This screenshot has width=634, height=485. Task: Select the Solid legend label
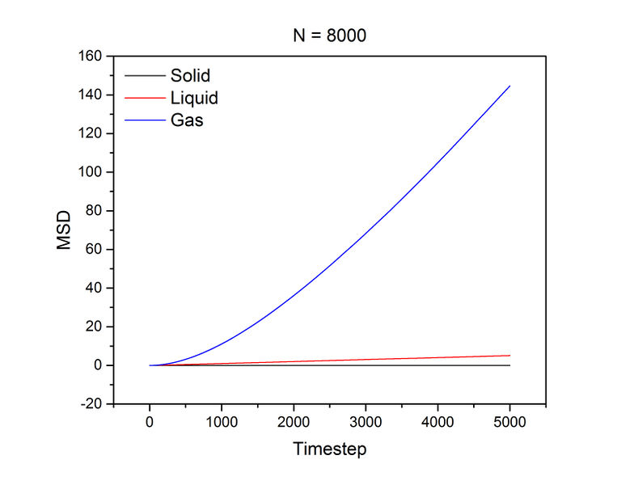coord(190,76)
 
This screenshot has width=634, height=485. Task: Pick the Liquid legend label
coord(194,99)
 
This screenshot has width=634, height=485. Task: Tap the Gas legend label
coord(187,122)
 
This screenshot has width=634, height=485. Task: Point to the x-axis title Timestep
coord(329,448)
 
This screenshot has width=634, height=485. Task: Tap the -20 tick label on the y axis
coord(91,404)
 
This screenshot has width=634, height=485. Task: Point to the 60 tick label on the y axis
coord(95,250)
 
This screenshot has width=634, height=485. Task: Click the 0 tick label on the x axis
coord(150,423)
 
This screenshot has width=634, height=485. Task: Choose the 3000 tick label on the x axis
coord(366,423)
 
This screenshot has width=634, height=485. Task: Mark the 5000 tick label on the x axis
coord(509,423)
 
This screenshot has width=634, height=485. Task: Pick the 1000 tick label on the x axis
coord(222,423)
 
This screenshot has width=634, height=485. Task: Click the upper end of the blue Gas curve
coord(509,86)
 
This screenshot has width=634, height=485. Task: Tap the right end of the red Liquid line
coord(509,356)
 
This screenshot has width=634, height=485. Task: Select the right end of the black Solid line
coord(509,365)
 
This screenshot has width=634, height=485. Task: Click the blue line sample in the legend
coord(142,122)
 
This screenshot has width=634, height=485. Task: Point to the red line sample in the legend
coord(142,99)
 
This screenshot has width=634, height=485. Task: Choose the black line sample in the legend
coord(142,76)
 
